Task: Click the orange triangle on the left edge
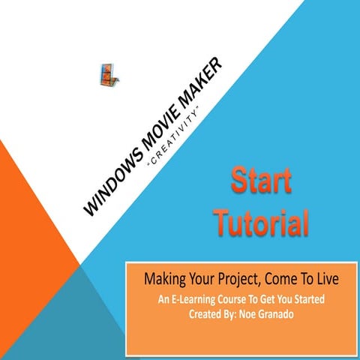click(30, 225)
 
